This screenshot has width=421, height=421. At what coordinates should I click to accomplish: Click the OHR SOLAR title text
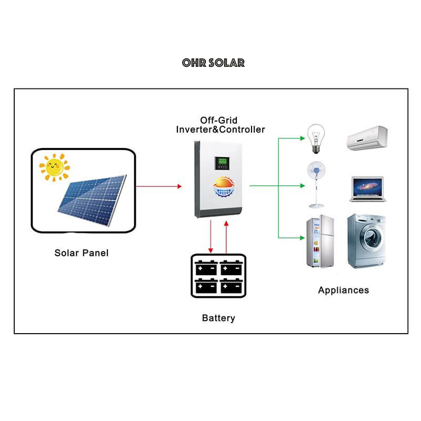213,63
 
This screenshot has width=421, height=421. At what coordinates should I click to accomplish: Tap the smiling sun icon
54,167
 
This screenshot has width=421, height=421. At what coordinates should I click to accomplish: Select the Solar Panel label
81,253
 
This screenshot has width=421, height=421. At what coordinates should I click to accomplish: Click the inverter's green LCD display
220,164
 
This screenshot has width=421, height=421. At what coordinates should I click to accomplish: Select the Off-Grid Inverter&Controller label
220,125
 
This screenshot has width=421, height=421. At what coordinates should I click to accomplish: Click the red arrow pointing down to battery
211,236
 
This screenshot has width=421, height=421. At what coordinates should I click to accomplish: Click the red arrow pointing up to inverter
227,236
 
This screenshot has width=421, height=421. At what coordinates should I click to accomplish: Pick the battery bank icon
218,276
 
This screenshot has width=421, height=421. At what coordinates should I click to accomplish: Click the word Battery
218,318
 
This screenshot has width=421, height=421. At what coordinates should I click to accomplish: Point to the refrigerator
320,243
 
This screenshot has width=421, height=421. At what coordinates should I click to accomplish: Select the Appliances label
343,290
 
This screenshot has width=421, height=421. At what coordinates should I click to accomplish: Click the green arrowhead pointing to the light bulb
302,138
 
